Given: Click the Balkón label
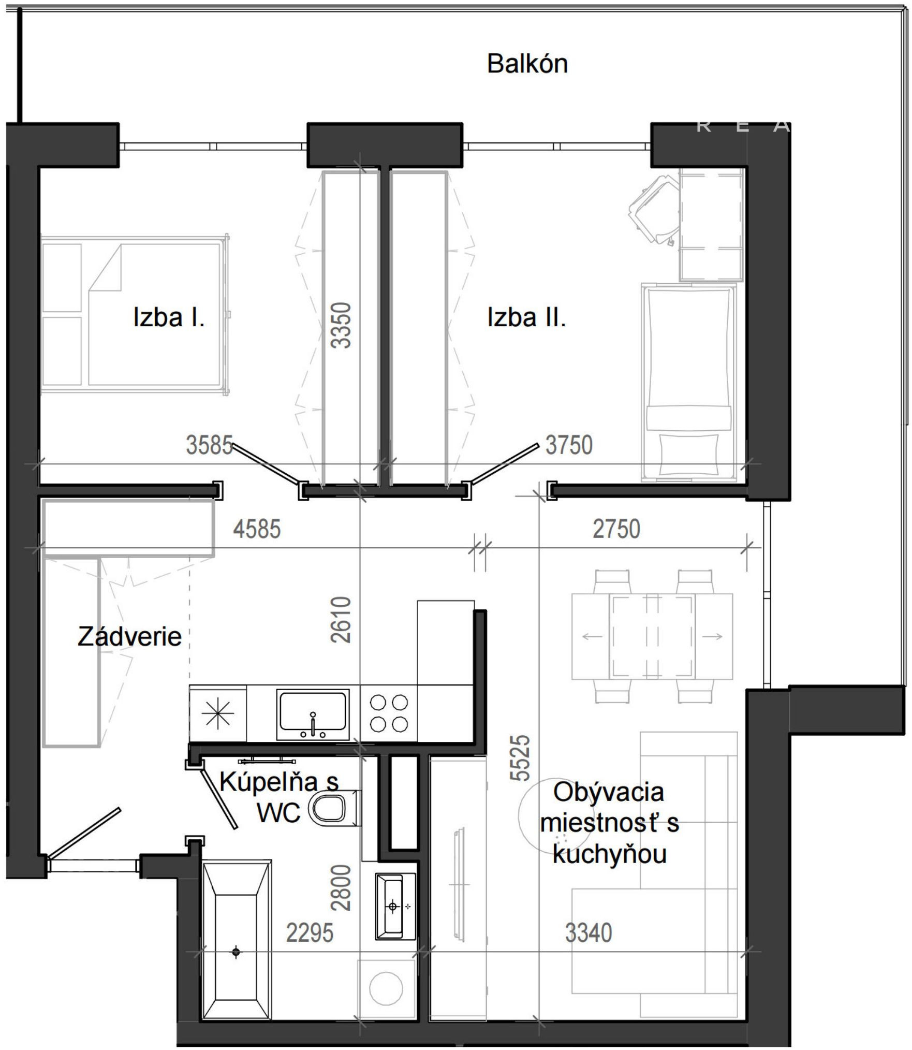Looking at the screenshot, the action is tap(527, 64).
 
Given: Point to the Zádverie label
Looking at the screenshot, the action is tap(129, 636).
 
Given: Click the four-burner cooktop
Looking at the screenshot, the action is tap(389, 714).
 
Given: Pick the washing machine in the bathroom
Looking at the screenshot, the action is tap(387, 988).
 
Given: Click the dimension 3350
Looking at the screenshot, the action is tap(342, 325).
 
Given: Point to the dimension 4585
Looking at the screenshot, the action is tap(257, 529).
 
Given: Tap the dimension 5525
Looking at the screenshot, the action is tap(520, 757).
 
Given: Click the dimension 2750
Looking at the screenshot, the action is tap(616, 529).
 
